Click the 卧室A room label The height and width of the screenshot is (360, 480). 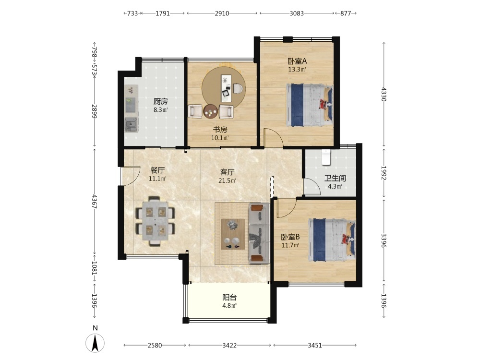coord(297,61)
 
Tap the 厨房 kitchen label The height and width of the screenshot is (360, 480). coord(160,101)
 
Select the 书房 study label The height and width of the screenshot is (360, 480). coord(220,130)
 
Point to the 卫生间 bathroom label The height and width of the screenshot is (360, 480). coord(335,178)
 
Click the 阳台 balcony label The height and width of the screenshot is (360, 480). coord(229,297)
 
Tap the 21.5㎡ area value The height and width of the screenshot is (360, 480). coord(227,180)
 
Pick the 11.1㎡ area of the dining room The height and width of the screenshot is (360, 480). coord(157,179)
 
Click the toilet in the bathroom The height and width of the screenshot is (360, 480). coord(326,157)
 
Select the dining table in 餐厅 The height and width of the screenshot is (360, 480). coord(155,221)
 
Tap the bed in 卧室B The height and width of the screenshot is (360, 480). coord(332,240)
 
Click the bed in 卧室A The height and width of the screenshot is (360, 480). coord(310,105)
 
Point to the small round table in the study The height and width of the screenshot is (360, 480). coord(211,111)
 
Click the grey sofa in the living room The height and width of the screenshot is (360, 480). coord(259,233)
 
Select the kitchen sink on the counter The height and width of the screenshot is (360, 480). coord(132,125)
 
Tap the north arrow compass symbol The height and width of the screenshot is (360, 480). coord(95,343)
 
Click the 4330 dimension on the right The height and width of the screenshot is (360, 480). coord(384,94)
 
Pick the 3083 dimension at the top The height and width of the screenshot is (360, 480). coord(297,13)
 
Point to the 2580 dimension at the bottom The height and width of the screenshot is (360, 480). coord(155,345)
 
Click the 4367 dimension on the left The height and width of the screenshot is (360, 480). coord(95,202)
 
